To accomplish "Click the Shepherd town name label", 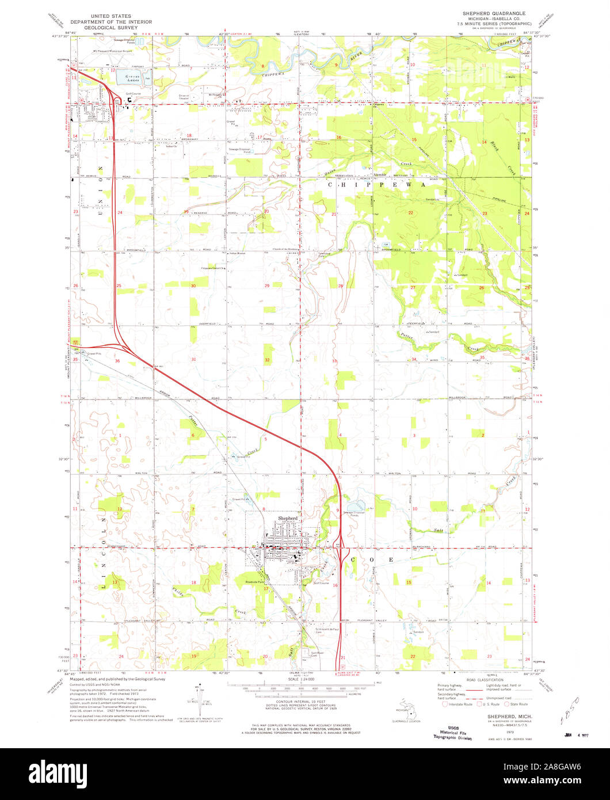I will [288, 519].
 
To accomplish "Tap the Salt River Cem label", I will [319, 653].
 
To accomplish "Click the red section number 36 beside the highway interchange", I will [117, 361].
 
